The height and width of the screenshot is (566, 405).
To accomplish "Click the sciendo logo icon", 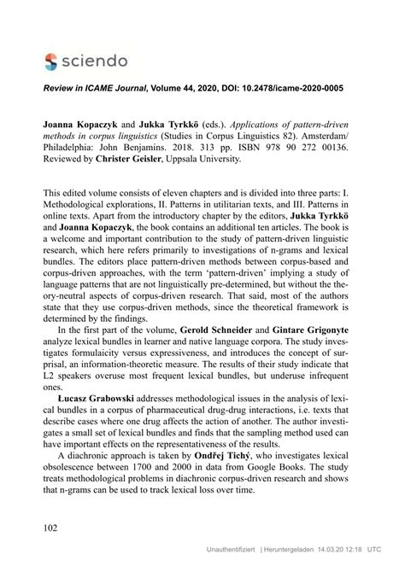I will coord(53,61).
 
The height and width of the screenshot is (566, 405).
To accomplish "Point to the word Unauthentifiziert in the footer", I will coord(225,551).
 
